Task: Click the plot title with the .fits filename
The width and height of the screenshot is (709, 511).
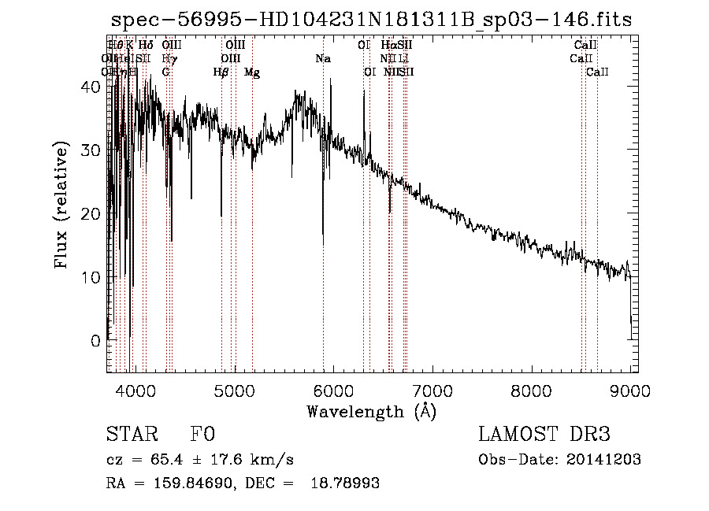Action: (370, 20)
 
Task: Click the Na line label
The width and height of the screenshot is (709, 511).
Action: (323, 58)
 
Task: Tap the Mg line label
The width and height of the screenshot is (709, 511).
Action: (252, 72)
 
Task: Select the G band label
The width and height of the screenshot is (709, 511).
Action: (166, 72)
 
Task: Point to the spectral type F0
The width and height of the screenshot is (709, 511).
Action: (202, 435)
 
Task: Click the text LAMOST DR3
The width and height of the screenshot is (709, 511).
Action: (544, 435)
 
